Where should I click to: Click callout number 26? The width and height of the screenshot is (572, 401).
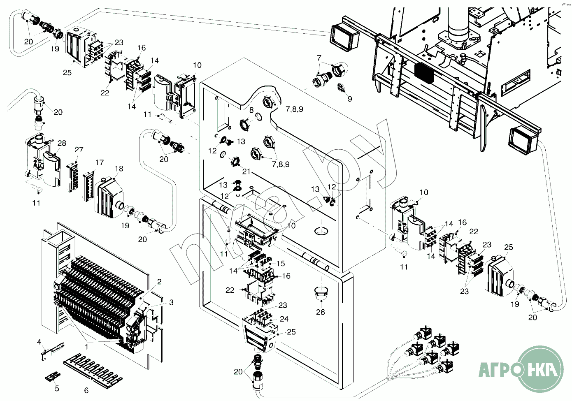coord(321,312)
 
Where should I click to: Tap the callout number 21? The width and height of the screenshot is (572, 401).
coord(246,171)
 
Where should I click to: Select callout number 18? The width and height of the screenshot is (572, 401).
coord(119,169)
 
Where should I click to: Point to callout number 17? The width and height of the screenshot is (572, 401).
coord(99,162)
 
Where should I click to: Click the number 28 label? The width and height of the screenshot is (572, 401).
coord(62,143)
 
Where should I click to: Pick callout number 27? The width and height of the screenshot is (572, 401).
coord(79,150)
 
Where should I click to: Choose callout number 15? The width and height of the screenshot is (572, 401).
coord(281,263)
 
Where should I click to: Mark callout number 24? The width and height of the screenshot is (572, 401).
coord(284,319)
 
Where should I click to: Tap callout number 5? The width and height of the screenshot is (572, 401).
coord(57,388)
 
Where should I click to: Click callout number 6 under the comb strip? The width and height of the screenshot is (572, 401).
coord(86,390)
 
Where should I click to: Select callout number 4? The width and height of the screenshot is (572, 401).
coord(40,342)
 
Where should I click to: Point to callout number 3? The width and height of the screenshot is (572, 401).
coord(171,302)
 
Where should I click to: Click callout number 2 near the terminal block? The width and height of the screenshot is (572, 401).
coord(159,282)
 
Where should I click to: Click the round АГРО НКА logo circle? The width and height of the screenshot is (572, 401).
coord(539,369)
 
